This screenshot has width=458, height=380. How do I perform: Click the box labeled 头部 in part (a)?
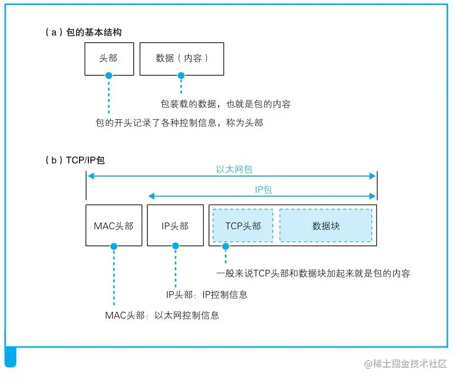pyautogui.click(x=109, y=58)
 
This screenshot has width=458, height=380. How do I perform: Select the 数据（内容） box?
pyautogui.click(x=181, y=58)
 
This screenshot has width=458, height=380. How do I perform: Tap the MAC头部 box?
pyautogui.click(x=114, y=226)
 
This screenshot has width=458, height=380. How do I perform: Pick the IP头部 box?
pyautogui.click(x=175, y=226)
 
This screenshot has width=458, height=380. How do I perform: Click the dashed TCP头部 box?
pyautogui.click(x=243, y=226)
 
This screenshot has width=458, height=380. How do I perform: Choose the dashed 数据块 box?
pyautogui.click(x=326, y=226)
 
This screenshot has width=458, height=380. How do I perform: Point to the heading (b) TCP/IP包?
pyautogui.click(x=75, y=161)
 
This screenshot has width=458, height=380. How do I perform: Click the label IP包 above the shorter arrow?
pyautogui.click(x=263, y=189)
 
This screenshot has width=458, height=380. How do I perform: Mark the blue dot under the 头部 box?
pyautogui.click(x=109, y=75)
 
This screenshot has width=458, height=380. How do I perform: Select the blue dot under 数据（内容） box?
pyautogui.click(x=181, y=75)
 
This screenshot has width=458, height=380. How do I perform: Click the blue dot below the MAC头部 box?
pyautogui.click(x=114, y=247)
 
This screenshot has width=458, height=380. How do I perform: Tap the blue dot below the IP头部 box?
pyautogui.click(x=175, y=247)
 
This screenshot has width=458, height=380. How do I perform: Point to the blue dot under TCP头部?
pyautogui.click(x=225, y=247)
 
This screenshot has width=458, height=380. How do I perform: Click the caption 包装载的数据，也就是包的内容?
pyautogui.click(x=226, y=104)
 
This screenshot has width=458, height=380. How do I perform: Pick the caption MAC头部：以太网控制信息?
pyautogui.click(x=162, y=315)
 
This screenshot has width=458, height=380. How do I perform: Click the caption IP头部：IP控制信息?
pyautogui.click(x=206, y=295)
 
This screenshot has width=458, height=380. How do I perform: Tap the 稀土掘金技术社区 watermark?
pyautogui.click(x=405, y=363)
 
